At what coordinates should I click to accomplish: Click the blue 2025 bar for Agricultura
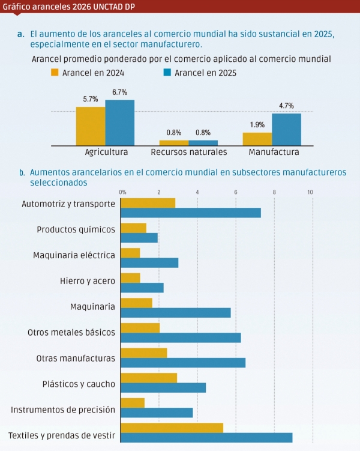click(x=119, y=123)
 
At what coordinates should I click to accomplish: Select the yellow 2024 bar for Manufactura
click(x=257, y=139)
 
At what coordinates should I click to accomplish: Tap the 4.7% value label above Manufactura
click(x=286, y=106)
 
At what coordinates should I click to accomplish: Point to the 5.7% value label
click(x=91, y=100)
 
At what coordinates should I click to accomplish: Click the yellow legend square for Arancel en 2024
click(x=55, y=73)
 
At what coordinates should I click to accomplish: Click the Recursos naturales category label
click(x=188, y=153)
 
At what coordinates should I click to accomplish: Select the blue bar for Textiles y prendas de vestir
click(x=206, y=437)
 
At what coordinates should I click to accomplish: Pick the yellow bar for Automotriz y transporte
click(x=148, y=203)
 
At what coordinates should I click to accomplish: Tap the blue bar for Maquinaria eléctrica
click(x=149, y=262)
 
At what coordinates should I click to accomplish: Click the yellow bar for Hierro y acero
click(x=130, y=277)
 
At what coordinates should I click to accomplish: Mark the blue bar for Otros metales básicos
click(x=181, y=337)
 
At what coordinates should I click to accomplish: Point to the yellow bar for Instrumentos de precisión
click(x=133, y=402)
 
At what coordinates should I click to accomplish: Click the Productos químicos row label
click(x=76, y=229)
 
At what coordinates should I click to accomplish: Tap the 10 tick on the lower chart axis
click(x=310, y=192)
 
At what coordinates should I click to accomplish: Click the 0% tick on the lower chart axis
click(x=122, y=192)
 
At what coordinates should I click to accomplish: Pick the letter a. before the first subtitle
click(x=20, y=34)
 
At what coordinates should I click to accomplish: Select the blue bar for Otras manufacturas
click(x=183, y=363)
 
